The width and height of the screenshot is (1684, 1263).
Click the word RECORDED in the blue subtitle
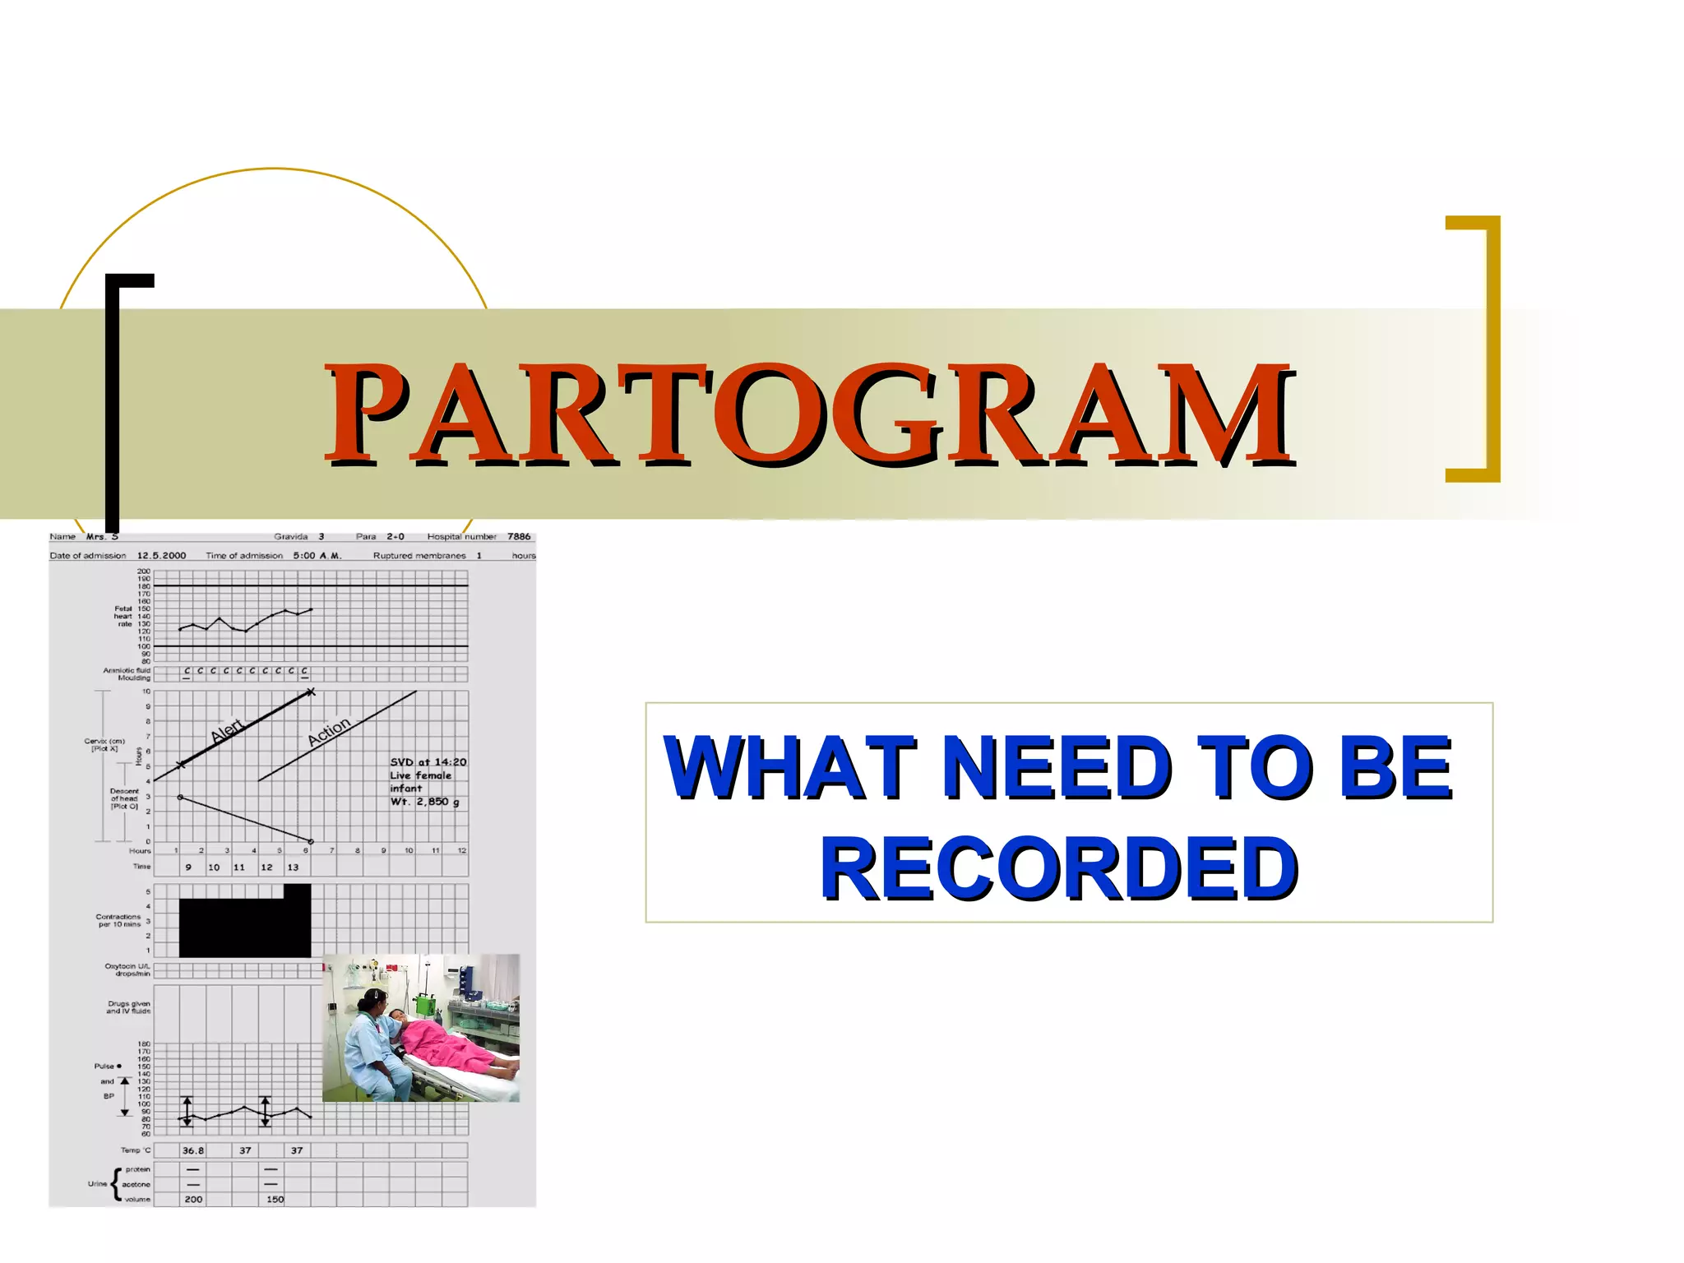point(1059,868)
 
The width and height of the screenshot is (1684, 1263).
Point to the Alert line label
point(227,729)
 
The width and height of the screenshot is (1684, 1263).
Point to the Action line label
point(328,730)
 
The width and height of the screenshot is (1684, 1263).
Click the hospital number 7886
point(519,536)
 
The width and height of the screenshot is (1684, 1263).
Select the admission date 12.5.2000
point(161,555)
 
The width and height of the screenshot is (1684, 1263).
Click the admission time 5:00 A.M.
point(317,555)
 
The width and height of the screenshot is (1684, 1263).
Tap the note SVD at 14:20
point(428,762)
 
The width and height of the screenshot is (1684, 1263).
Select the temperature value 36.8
point(193,1150)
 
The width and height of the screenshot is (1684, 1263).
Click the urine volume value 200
point(193,1199)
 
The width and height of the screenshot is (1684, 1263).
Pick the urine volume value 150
point(275,1199)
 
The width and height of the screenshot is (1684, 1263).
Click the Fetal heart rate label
point(123,616)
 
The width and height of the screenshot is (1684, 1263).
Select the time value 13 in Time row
point(293,867)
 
